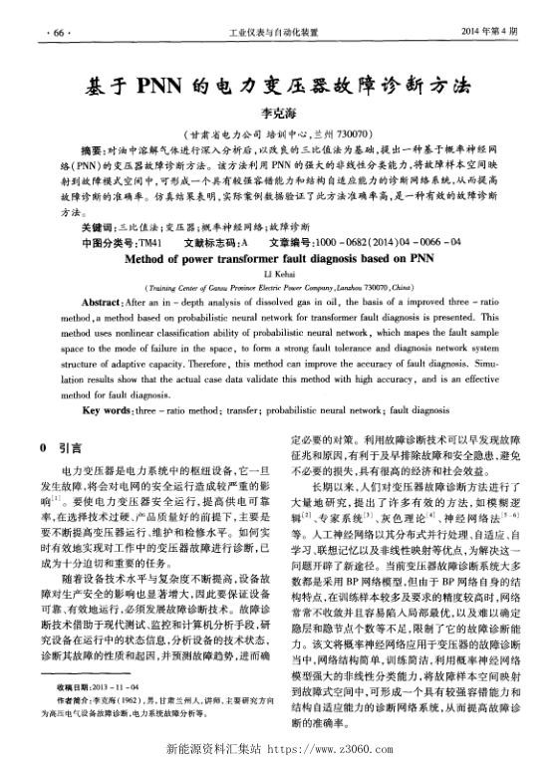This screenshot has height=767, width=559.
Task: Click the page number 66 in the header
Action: click(x=58, y=32)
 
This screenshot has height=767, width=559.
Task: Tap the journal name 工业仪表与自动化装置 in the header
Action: click(x=278, y=32)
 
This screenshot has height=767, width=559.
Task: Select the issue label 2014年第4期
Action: click(x=491, y=32)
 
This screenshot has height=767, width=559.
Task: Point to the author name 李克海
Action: click(x=278, y=114)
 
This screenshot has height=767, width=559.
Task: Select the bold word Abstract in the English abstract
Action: click(x=102, y=301)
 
